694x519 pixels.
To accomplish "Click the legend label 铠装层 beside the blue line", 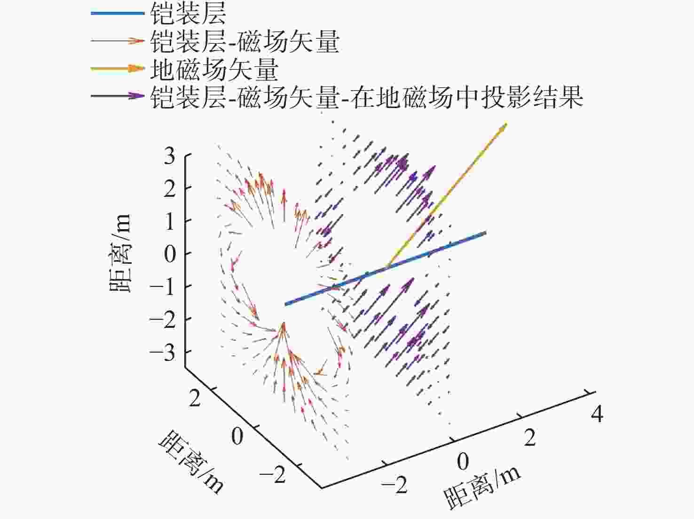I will coord(188,14).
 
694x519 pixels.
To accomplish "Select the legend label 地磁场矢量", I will coord(214,70).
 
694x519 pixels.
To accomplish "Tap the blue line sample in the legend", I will coord(118,14).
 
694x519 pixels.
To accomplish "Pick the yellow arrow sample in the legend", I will coord(118,69).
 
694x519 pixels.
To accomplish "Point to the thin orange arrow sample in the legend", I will coord(118,41).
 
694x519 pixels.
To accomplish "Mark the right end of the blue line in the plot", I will coord(486,233).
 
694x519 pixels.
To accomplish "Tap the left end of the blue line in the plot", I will coord(285,304).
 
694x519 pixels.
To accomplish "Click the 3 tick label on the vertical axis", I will coord(170,156).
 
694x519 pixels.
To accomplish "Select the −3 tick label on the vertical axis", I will coord(163,352).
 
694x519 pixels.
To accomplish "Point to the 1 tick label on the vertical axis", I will coord(170,221).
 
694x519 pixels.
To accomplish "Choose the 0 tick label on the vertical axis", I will coord(170,254).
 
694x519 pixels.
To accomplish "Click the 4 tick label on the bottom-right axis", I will coord(597,414).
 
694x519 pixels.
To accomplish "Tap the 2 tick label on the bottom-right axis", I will coord(530,438).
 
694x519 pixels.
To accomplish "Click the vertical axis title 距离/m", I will coord(120,254).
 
